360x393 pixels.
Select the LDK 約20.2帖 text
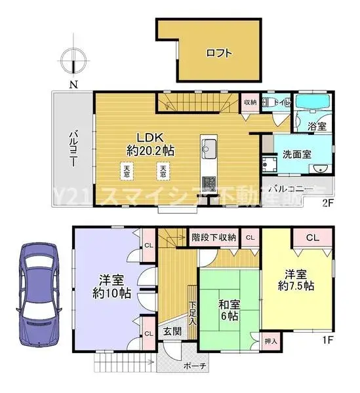tap(155, 143)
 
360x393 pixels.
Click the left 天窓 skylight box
tap(125, 172)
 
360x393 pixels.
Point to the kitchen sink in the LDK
tap(210, 149)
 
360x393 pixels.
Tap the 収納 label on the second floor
tap(250, 102)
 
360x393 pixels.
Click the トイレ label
tap(281, 102)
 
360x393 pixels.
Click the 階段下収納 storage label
tap(214, 236)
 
